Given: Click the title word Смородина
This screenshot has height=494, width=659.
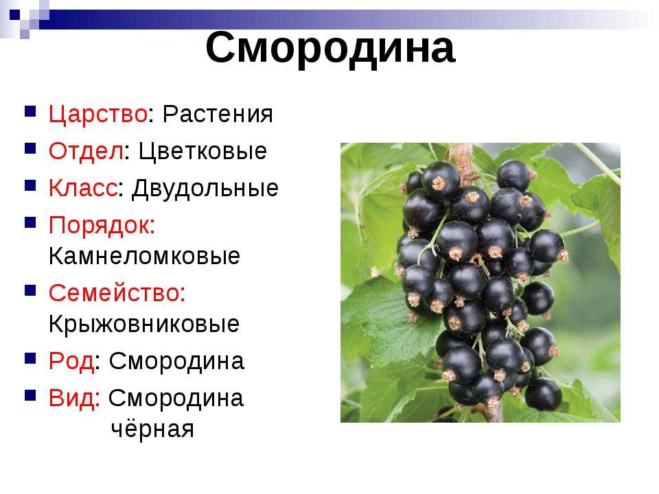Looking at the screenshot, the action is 330,48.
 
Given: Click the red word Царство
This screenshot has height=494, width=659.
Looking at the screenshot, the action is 98,115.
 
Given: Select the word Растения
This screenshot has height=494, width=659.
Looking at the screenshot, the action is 218,114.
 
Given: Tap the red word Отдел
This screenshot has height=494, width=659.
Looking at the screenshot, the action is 86,151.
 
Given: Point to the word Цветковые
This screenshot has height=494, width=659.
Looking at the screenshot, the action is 203,151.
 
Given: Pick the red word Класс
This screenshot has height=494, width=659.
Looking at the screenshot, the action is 83,188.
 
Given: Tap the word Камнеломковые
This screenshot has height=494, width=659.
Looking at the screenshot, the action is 144,256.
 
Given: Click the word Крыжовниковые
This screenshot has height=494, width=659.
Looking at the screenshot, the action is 143,324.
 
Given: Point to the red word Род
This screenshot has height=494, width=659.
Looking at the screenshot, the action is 71,362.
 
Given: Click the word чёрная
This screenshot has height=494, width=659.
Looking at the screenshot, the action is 152,429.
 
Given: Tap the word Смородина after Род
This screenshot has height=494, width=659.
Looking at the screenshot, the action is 176,362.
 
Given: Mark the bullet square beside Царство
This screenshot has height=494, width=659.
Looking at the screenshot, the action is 30,111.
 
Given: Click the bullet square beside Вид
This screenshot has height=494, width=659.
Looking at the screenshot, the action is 30,395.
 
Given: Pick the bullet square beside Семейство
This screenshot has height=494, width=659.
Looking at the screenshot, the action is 30,290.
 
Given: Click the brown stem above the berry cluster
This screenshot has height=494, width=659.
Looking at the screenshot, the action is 463,162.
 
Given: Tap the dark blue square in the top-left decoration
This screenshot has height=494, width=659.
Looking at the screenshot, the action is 14,15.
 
